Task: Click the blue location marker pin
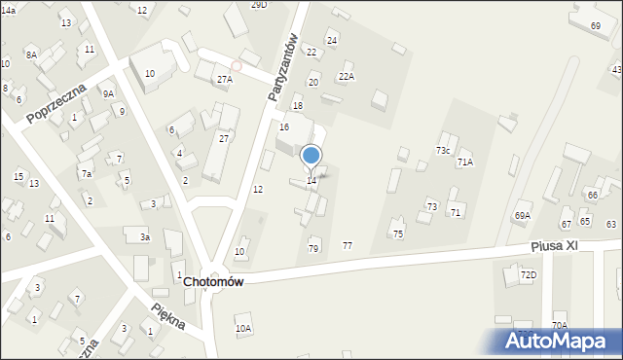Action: point(311,157)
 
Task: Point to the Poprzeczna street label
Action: point(56,104)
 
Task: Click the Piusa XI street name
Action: point(555,246)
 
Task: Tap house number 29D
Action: point(258,5)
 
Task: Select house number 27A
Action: point(224,79)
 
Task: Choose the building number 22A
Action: point(347,76)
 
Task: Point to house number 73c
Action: point(443,151)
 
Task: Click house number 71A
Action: point(465,162)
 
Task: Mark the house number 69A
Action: point(523,215)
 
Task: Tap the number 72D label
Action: point(528,275)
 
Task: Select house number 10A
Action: point(243,329)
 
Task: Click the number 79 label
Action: point(313,249)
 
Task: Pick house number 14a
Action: point(9,9)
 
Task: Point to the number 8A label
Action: point(31,55)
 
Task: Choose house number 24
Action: point(332,40)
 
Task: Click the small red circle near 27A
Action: point(236,66)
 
